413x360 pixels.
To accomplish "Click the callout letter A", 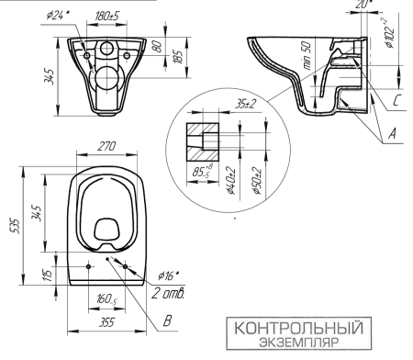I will click(393, 134).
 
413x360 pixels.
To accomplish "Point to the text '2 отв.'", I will click(173, 294).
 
